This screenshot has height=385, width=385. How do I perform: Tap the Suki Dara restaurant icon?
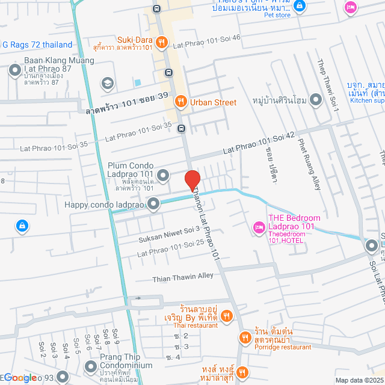click(x=161, y=42)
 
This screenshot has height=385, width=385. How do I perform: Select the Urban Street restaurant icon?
click(x=180, y=102)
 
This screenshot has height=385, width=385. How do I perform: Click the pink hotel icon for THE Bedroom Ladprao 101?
click(x=258, y=227)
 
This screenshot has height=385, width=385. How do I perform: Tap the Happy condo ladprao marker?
click(x=154, y=205)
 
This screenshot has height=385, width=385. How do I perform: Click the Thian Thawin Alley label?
click(x=183, y=277)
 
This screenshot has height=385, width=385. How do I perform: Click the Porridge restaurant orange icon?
click(x=244, y=337)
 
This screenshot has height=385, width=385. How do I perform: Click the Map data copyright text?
click(x=359, y=380)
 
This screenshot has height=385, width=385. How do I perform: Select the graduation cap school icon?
click(x=108, y=83)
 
